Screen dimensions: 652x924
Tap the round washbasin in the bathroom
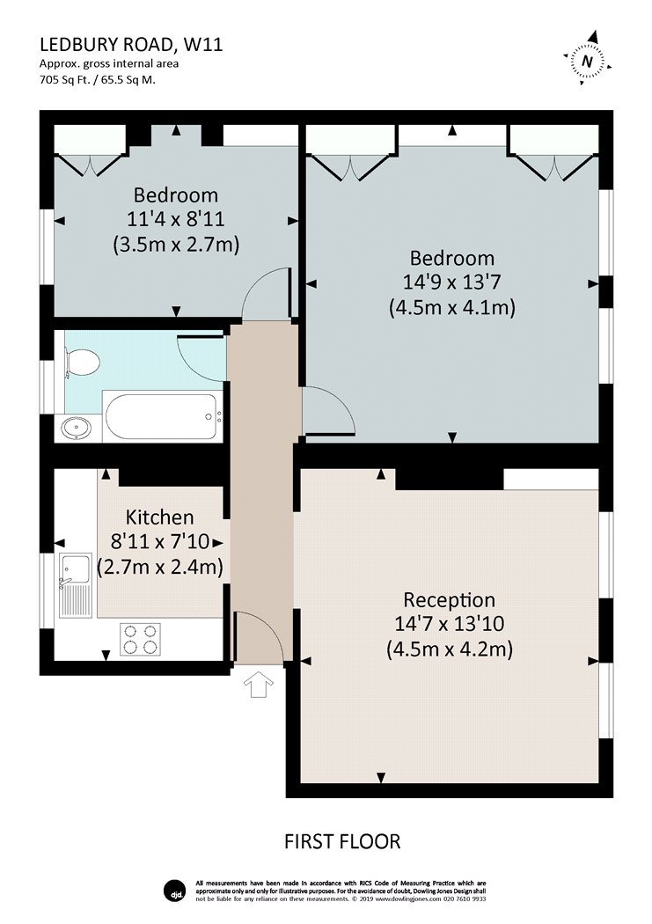click(77, 428)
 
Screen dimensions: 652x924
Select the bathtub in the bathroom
click(162, 416)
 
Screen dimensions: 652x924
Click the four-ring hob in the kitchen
click(141, 640)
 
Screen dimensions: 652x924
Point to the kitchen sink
click(76, 586)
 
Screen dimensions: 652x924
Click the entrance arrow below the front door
click(259, 686)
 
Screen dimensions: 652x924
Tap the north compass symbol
click(587, 60)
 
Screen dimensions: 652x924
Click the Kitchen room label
click(159, 517)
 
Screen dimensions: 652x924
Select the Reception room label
click(450, 600)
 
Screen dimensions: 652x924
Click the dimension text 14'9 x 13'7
click(451, 282)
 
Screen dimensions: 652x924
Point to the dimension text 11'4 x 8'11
click(175, 219)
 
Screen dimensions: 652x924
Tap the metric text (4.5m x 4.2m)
click(450, 649)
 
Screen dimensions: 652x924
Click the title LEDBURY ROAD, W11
click(131, 45)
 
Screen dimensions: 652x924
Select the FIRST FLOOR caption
click(342, 841)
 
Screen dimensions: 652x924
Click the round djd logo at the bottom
click(174, 891)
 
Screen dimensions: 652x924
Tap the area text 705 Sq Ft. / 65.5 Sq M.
click(98, 80)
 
